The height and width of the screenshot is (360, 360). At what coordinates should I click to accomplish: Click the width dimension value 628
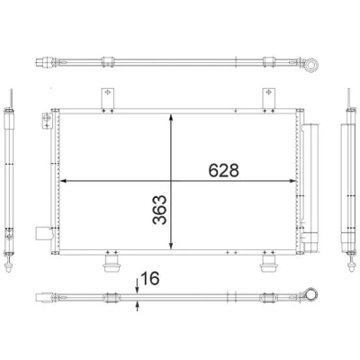(x=224, y=170)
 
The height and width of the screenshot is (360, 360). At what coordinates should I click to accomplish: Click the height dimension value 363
(x=159, y=210)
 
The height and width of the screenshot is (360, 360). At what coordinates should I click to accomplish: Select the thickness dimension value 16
(x=150, y=278)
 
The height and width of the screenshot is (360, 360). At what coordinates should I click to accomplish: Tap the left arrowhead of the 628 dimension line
(x=63, y=181)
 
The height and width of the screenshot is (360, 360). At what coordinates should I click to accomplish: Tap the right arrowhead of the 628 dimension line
(x=292, y=181)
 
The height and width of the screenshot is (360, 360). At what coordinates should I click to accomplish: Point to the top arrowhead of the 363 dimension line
(x=171, y=117)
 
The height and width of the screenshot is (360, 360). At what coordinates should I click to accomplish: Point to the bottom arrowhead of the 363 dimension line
(x=171, y=246)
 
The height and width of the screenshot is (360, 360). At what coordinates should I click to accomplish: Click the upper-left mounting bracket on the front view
(x=107, y=98)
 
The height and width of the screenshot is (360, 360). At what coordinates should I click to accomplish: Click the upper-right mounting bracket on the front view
(x=269, y=98)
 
